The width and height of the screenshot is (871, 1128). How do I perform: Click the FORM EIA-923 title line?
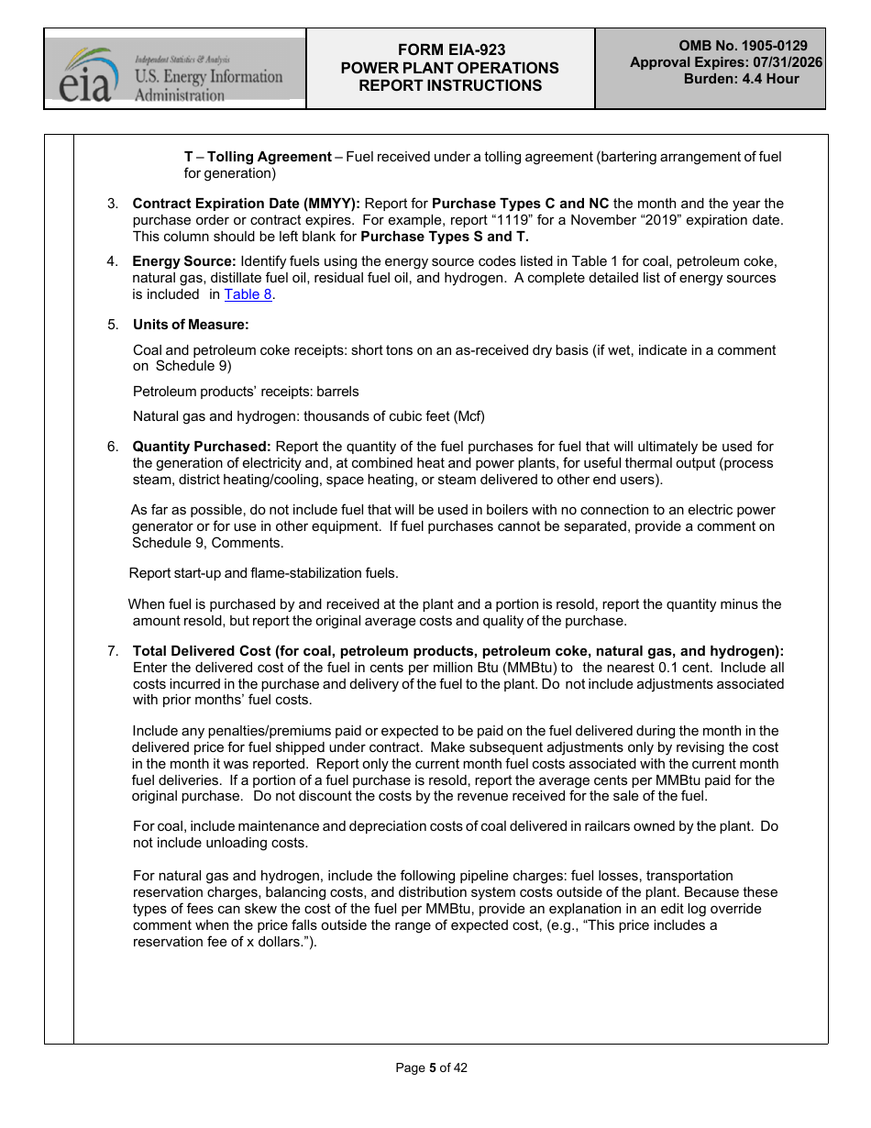pyautogui.click(x=449, y=50)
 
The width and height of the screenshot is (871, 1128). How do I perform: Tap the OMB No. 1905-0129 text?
pyautogui.click(x=743, y=46)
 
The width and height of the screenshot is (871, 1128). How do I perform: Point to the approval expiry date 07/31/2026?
pyautogui.click(x=779, y=62)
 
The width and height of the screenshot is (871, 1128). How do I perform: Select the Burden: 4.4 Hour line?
pyautogui.click(x=741, y=79)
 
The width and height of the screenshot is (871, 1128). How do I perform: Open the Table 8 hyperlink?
pyautogui.click(x=248, y=294)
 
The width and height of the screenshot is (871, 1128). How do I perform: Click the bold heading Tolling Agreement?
pyautogui.click(x=270, y=157)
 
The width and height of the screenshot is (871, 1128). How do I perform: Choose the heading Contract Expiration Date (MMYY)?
pyautogui.click(x=247, y=204)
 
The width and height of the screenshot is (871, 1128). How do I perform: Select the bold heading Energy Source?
pyautogui.click(x=184, y=261)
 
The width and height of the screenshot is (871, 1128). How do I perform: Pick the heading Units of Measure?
pyautogui.click(x=191, y=325)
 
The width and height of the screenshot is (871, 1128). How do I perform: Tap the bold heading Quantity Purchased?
pyautogui.click(x=202, y=447)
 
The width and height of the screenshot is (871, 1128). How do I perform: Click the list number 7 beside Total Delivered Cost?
pyautogui.click(x=112, y=651)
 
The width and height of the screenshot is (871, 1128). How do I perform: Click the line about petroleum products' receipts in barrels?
pyautogui.click(x=246, y=392)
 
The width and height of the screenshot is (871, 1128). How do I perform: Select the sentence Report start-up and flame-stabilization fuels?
pyautogui.click(x=264, y=573)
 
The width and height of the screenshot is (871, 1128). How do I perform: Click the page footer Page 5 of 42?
pyautogui.click(x=431, y=1067)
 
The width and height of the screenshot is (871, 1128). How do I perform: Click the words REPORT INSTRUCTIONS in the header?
pyautogui.click(x=449, y=85)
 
